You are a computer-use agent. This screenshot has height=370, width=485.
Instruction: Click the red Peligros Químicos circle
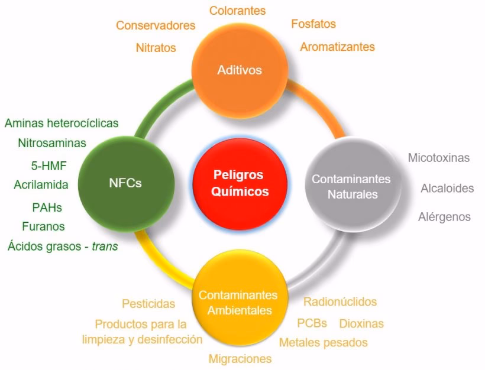(x=240, y=183)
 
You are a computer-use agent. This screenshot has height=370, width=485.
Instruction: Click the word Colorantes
(x=238, y=11)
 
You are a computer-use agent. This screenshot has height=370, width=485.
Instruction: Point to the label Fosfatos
(x=313, y=24)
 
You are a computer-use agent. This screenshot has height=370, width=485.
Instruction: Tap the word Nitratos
(x=156, y=48)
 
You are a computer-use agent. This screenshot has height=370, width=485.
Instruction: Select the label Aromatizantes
(x=337, y=46)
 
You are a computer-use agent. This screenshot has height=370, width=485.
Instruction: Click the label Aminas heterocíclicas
(x=62, y=123)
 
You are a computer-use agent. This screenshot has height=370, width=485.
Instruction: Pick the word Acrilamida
(x=41, y=185)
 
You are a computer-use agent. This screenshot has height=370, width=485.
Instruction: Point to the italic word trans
(x=105, y=246)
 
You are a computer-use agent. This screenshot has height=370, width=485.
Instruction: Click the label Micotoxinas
(x=439, y=158)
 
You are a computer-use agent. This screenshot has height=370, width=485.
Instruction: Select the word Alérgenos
(x=444, y=217)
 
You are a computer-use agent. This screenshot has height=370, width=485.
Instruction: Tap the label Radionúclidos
(x=340, y=302)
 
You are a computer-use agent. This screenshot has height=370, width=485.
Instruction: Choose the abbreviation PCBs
(x=312, y=323)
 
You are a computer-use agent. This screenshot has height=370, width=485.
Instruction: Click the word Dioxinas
(x=361, y=323)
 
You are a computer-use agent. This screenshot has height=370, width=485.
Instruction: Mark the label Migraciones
(x=240, y=359)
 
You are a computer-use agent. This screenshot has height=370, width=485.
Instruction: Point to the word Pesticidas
(x=148, y=304)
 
